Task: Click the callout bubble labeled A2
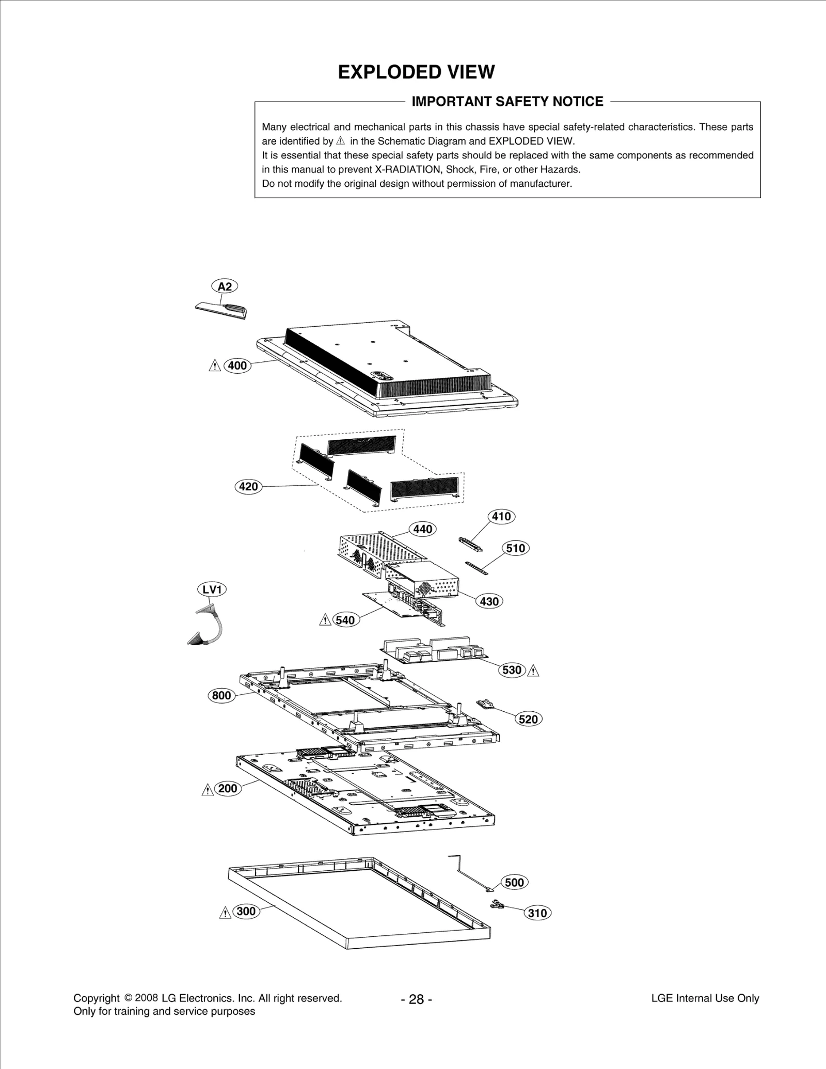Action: (225, 286)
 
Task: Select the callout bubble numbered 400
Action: (237, 366)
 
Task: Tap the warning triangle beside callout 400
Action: (214, 366)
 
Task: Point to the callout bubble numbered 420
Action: (248, 486)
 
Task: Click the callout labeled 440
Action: (422, 529)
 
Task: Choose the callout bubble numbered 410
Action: (501, 516)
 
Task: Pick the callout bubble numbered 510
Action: (515, 548)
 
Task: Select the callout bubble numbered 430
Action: (489, 601)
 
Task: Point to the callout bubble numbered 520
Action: (529, 719)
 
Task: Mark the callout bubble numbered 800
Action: (221, 695)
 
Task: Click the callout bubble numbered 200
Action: (228, 788)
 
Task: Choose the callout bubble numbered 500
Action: (514, 882)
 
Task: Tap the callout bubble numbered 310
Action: (537, 913)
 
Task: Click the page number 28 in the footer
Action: (416, 1000)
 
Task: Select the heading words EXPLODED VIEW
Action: (416, 72)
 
